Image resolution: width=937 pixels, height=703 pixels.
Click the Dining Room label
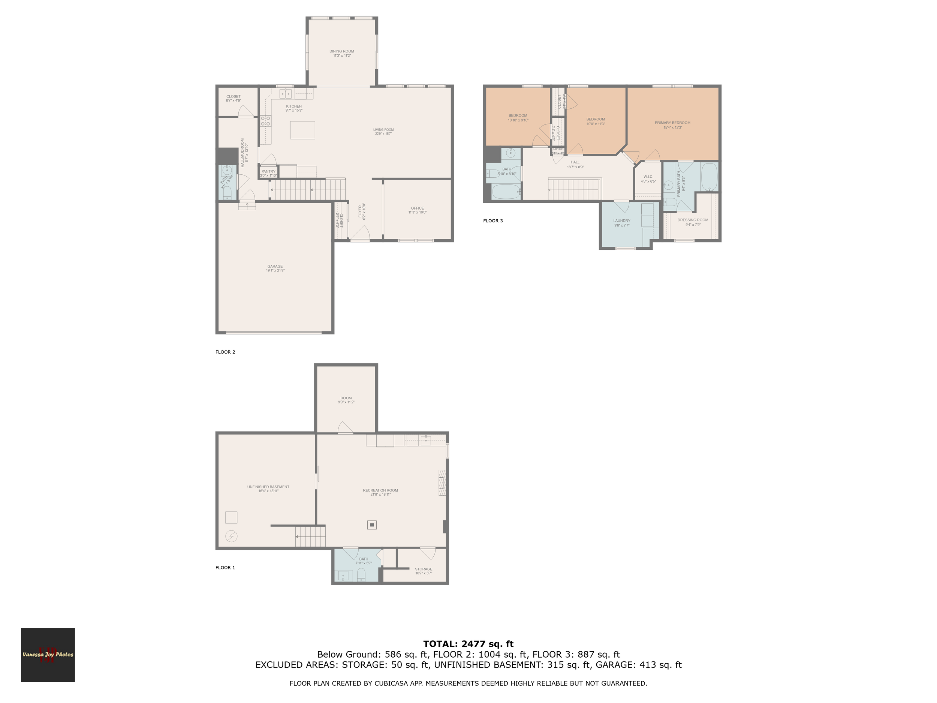341,51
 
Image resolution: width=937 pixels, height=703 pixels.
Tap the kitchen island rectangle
302,130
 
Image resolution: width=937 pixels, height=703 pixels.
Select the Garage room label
275,267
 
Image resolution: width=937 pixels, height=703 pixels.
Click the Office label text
417,208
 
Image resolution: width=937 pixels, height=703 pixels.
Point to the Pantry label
268,172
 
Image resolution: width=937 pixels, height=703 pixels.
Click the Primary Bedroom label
672,123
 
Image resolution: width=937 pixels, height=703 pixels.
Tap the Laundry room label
621,221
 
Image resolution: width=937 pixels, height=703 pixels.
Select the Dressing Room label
693,220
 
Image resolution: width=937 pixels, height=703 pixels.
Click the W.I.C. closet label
648,177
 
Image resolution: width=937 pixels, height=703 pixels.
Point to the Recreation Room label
380,490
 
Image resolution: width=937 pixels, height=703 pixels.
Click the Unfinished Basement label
268,487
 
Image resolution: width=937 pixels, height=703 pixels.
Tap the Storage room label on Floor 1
424,569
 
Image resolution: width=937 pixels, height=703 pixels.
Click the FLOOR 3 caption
492,221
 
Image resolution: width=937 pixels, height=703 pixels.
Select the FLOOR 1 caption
225,567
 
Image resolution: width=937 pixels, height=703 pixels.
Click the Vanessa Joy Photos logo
48,655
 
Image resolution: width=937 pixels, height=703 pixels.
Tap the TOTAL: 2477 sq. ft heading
468,644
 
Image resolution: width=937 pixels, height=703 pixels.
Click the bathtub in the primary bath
709,177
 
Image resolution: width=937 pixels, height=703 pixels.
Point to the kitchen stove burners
266,121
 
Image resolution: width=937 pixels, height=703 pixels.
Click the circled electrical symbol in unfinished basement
231,537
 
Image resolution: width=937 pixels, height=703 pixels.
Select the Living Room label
383,130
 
